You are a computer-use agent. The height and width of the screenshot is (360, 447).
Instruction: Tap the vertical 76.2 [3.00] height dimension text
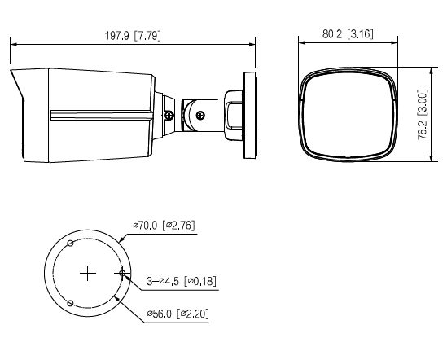422,114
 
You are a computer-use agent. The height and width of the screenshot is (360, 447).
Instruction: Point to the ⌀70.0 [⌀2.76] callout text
163,225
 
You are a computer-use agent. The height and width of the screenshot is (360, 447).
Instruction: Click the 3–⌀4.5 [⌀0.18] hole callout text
181,282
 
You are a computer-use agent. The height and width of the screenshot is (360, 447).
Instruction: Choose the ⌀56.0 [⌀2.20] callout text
177,314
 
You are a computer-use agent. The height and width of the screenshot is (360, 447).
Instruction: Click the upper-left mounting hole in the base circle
71,244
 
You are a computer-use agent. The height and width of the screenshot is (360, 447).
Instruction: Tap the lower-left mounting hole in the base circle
71,303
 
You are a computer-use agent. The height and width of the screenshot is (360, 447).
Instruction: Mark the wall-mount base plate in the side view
248,114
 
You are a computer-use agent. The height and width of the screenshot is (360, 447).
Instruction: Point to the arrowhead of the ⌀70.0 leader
120,239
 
